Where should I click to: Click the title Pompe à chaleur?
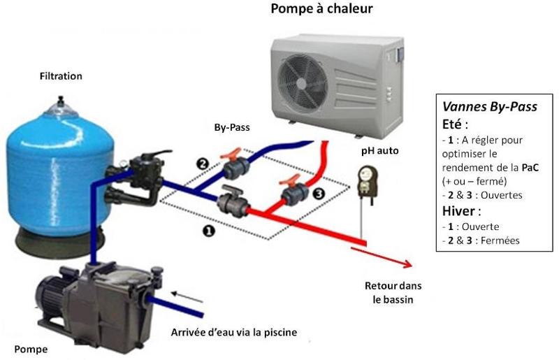[321, 10]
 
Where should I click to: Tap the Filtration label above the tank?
[61, 75]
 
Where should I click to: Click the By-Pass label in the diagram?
[232, 129]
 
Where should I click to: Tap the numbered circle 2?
[203, 164]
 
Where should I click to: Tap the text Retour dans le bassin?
[393, 293]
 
